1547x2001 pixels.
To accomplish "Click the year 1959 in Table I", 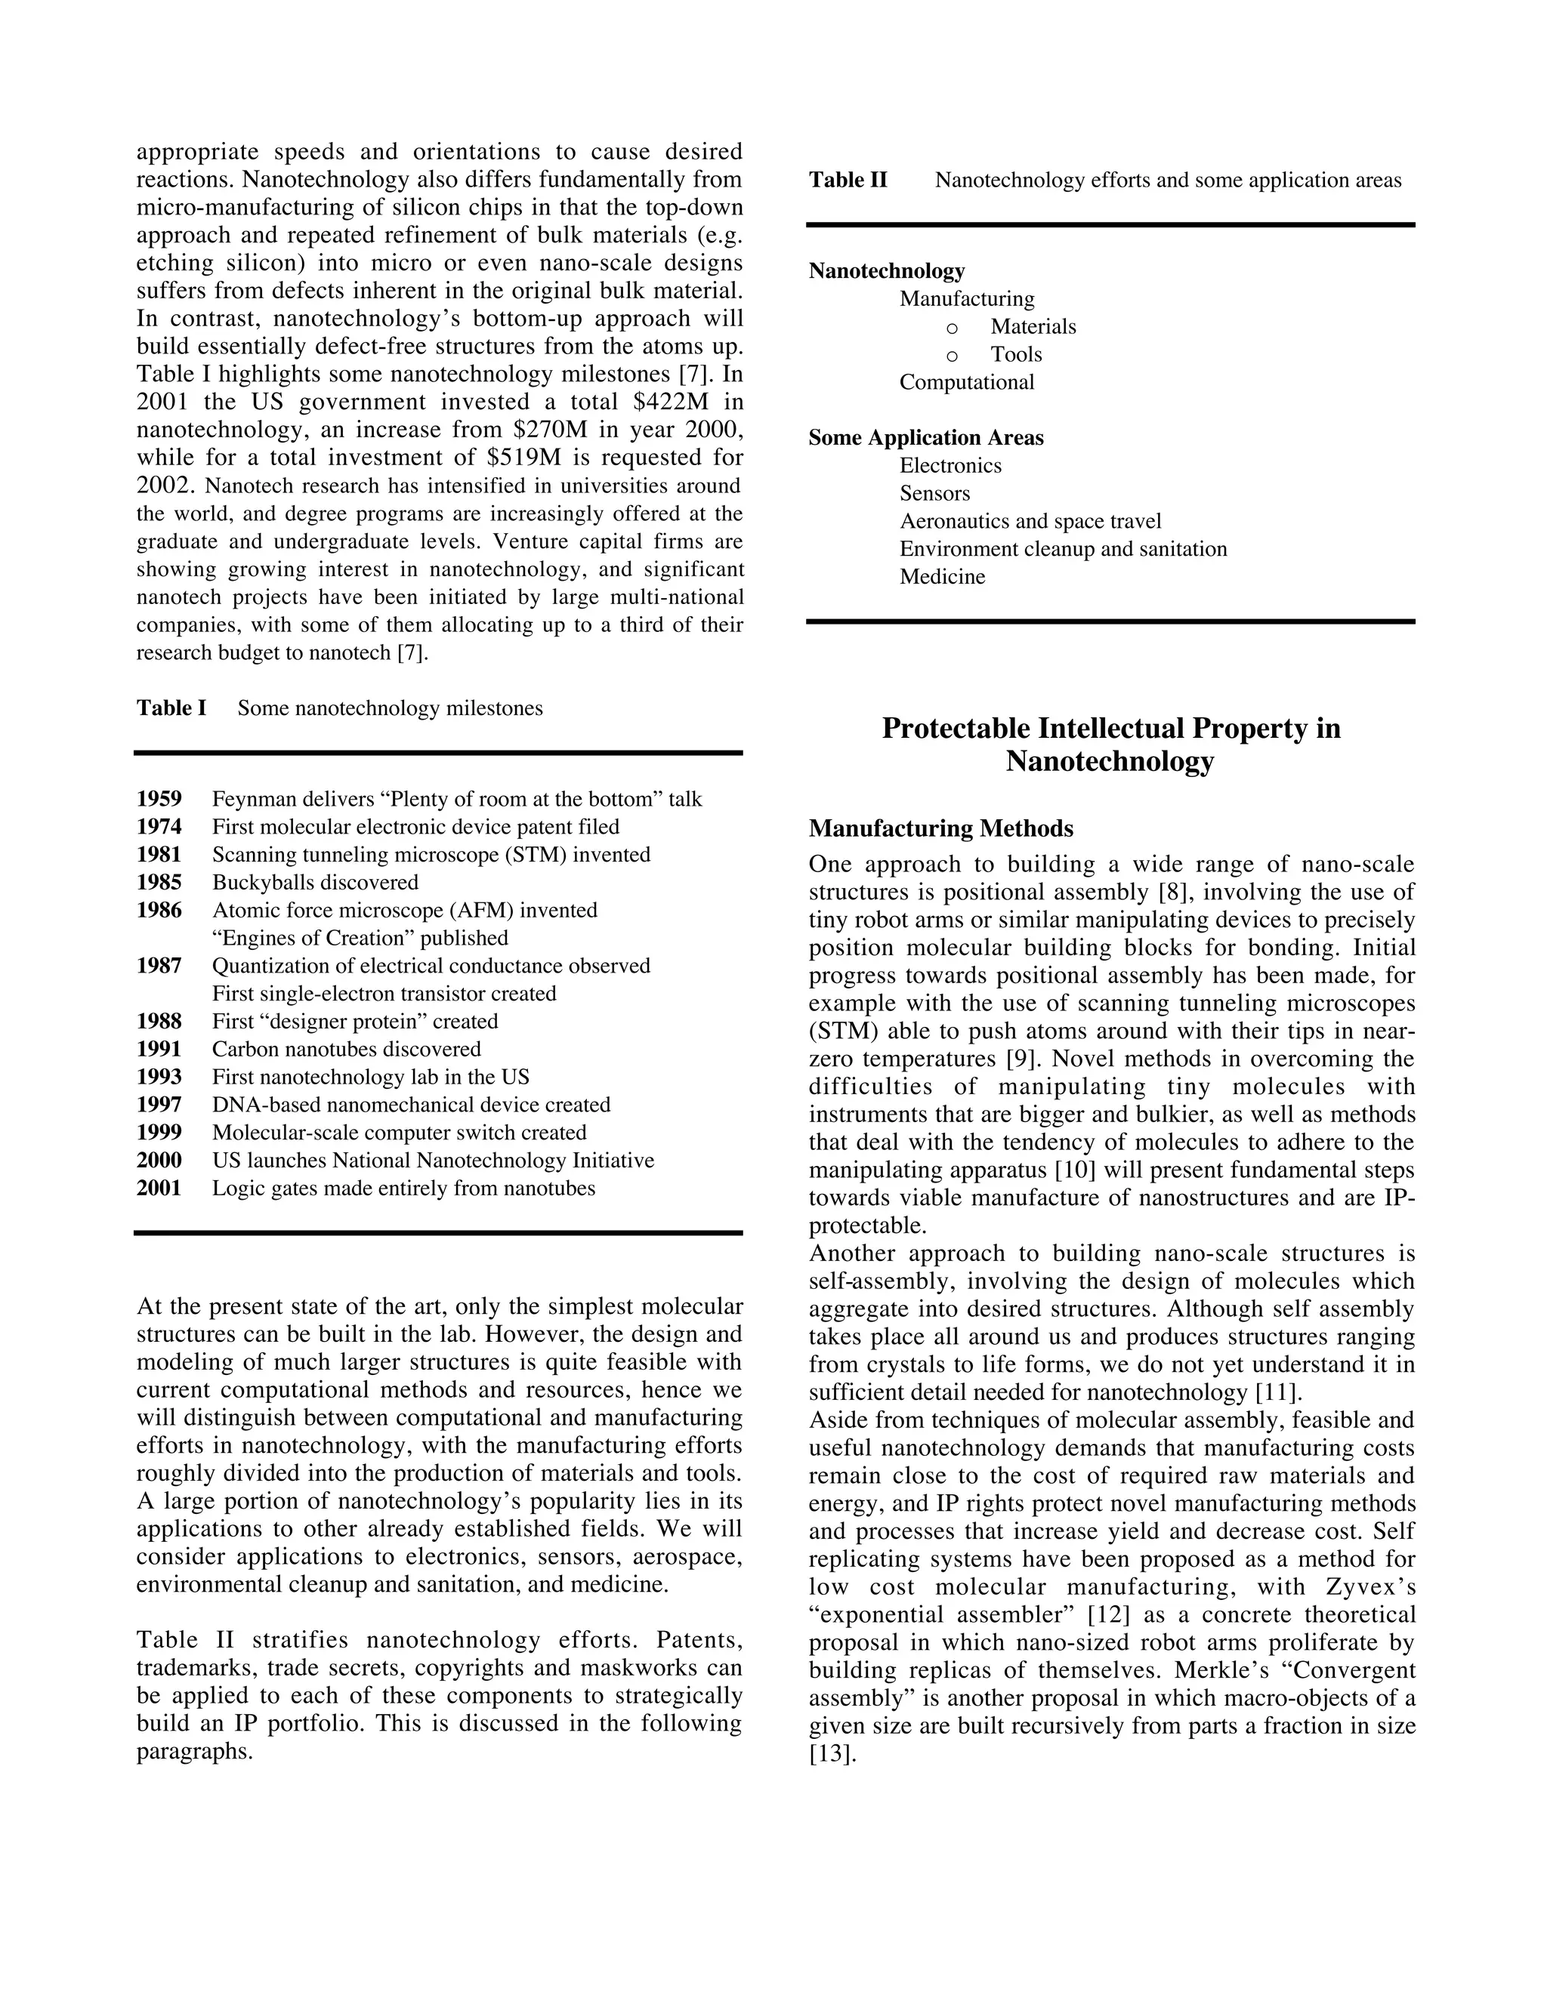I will (x=159, y=799).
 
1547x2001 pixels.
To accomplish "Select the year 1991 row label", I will (x=159, y=1049).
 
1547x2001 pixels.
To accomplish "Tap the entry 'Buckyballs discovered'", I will (x=315, y=882).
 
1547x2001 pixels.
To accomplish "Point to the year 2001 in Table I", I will (x=159, y=1189).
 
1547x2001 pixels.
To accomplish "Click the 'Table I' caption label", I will (x=171, y=708).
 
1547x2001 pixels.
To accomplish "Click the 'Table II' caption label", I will (x=848, y=180).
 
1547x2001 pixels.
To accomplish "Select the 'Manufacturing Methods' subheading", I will (x=940, y=828).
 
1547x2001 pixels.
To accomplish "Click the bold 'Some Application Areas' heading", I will (x=925, y=438).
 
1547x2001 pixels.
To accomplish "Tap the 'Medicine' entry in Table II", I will (x=942, y=577).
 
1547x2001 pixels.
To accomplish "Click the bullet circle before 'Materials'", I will (x=953, y=328).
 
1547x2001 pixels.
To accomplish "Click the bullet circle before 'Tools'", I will (x=953, y=356).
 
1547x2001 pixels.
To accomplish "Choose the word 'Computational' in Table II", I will (x=966, y=382).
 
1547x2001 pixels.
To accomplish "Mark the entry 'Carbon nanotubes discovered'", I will (x=347, y=1049).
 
